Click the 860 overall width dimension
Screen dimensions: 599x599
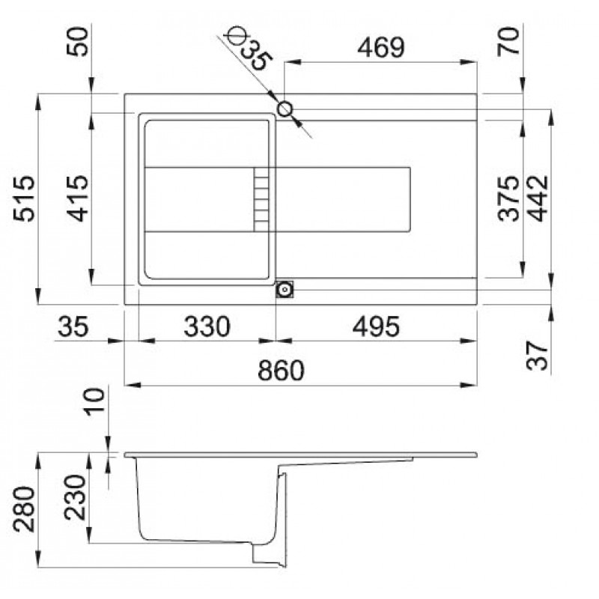[282, 370]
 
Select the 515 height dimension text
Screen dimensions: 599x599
[24, 198]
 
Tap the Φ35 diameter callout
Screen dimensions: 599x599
[249, 49]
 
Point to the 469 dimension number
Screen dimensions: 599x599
[380, 48]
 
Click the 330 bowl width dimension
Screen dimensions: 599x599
[207, 326]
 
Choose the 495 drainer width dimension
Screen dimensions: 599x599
[376, 326]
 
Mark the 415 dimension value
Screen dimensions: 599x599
[78, 198]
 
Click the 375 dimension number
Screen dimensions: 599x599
[509, 198]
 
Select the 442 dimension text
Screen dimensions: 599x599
[537, 198]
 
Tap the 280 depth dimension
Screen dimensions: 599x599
[24, 509]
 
